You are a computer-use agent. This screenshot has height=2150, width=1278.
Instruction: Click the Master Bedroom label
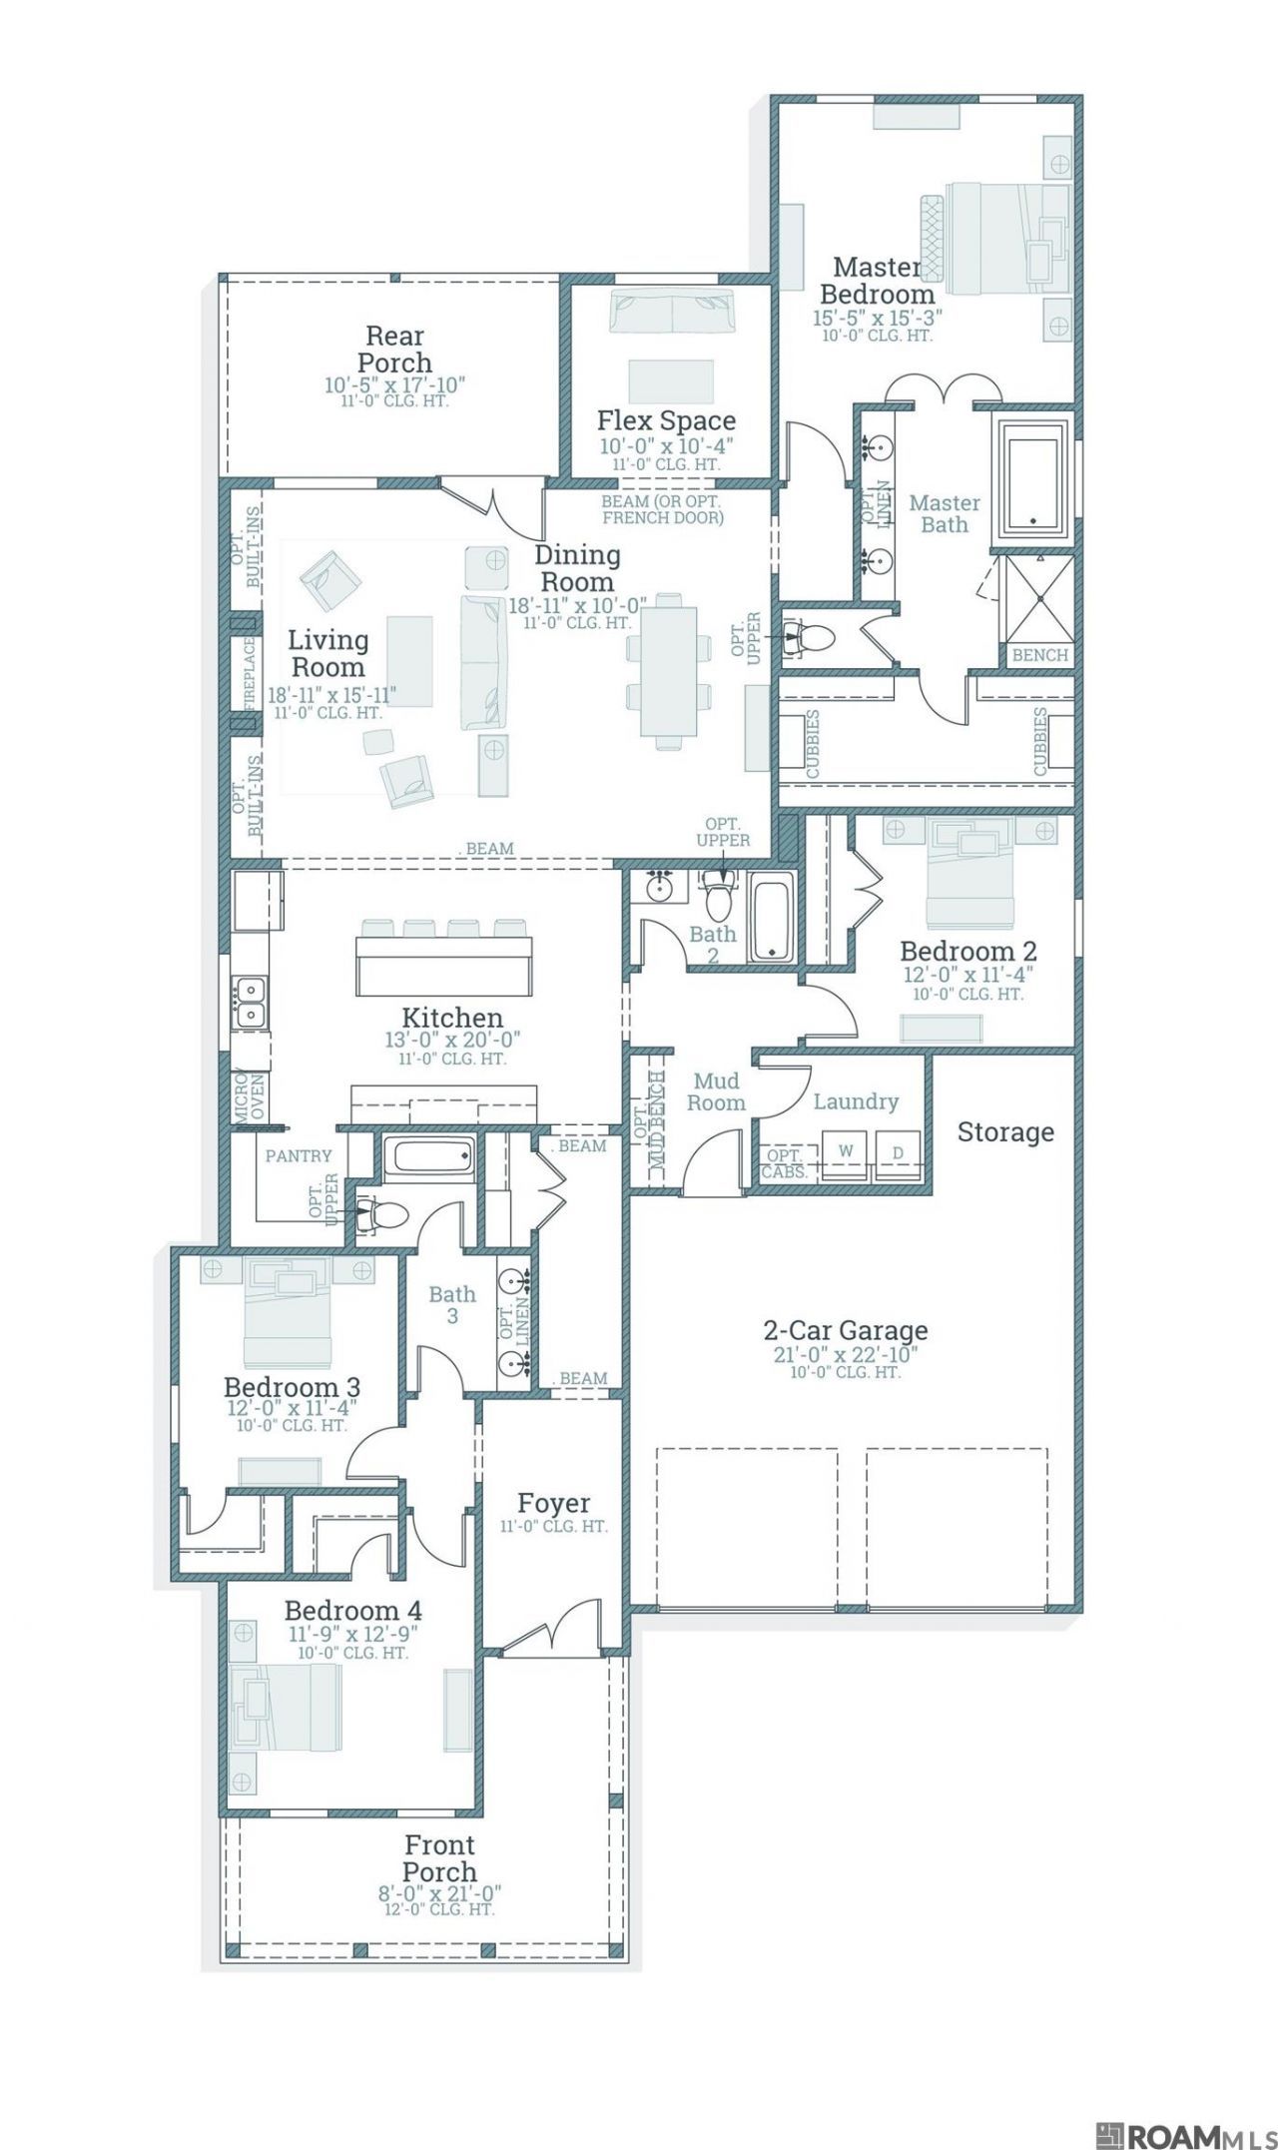877,281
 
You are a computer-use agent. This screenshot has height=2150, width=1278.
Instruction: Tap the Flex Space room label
666,420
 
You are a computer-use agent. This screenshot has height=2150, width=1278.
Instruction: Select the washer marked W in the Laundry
846,1152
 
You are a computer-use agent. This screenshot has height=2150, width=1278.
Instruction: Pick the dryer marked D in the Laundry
898,1153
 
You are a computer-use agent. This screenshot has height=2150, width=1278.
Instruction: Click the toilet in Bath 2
718,894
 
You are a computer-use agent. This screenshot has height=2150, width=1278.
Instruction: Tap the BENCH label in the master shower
1040,655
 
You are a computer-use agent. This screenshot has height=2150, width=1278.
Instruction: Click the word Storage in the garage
1005,1131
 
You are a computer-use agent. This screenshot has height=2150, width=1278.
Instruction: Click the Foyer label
553,1503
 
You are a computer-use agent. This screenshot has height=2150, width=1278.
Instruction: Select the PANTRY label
299,1155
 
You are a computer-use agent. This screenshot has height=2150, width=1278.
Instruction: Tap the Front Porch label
439,1858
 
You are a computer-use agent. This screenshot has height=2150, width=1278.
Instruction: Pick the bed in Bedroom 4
287,1707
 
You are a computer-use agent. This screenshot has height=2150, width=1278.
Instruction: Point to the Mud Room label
716,1091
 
